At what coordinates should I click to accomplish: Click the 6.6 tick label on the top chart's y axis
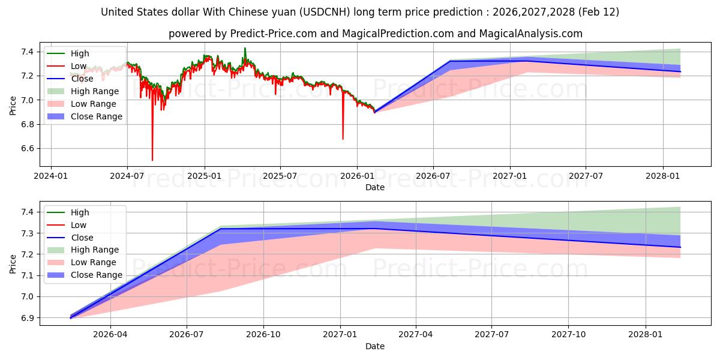click(27, 148)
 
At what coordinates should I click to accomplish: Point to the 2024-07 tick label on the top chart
click(127, 176)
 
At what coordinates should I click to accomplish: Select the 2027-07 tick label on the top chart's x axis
click(586, 176)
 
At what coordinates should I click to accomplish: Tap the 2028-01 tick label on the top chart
click(662, 176)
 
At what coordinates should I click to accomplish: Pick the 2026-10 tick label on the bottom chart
click(263, 335)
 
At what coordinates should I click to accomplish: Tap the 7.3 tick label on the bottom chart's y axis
click(27, 233)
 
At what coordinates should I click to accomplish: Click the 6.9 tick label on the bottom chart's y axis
click(27, 318)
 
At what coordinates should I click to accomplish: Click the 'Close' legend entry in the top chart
click(82, 79)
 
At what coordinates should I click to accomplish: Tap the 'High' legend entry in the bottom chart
click(80, 212)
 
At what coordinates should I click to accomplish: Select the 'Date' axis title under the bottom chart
click(375, 346)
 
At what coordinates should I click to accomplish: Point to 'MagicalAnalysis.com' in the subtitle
click(530, 34)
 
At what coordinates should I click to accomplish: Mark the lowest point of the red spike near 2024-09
click(152, 160)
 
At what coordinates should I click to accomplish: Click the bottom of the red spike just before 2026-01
click(343, 139)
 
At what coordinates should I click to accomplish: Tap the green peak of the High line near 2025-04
click(245, 48)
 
